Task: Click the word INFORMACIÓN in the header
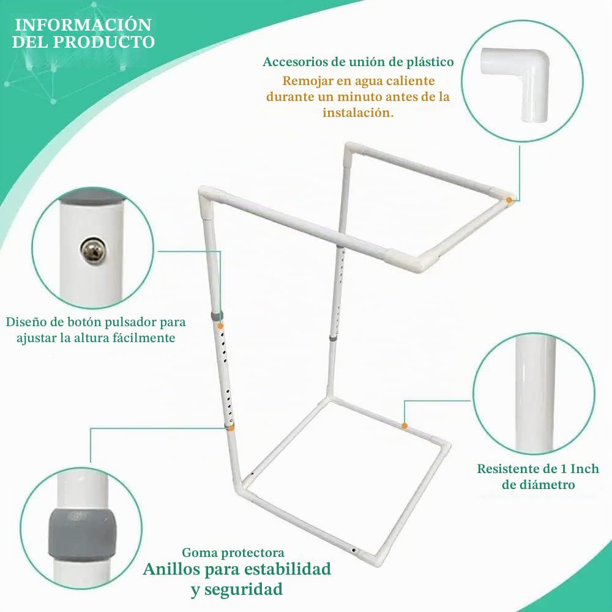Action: pyautogui.click(x=83, y=24)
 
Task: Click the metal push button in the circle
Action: pyautogui.click(x=92, y=250)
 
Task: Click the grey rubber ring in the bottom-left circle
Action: pyautogui.click(x=83, y=534)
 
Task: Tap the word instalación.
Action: pyautogui.click(x=358, y=113)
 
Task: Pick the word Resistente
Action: pyautogui.click(x=510, y=468)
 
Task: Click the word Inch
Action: pyautogui.click(x=584, y=468)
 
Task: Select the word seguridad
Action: pyautogui.click(x=243, y=589)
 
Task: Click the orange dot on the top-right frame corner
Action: pyautogui.click(x=509, y=200)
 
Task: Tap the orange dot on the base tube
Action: pyautogui.click(x=405, y=426)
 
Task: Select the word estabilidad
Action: pyautogui.click(x=287, y=569)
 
